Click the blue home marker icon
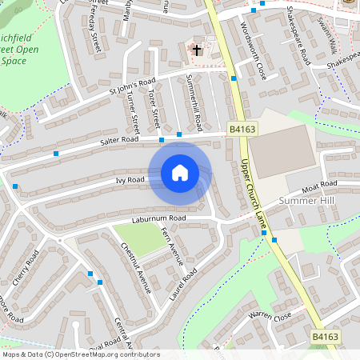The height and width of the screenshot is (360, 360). tap(180, 172)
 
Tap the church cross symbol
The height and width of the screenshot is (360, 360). tap(196, 50)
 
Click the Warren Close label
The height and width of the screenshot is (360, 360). tap(269, 318)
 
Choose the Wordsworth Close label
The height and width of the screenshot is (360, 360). tap(253, 50)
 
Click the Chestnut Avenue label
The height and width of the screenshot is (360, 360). tap(134, 270)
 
